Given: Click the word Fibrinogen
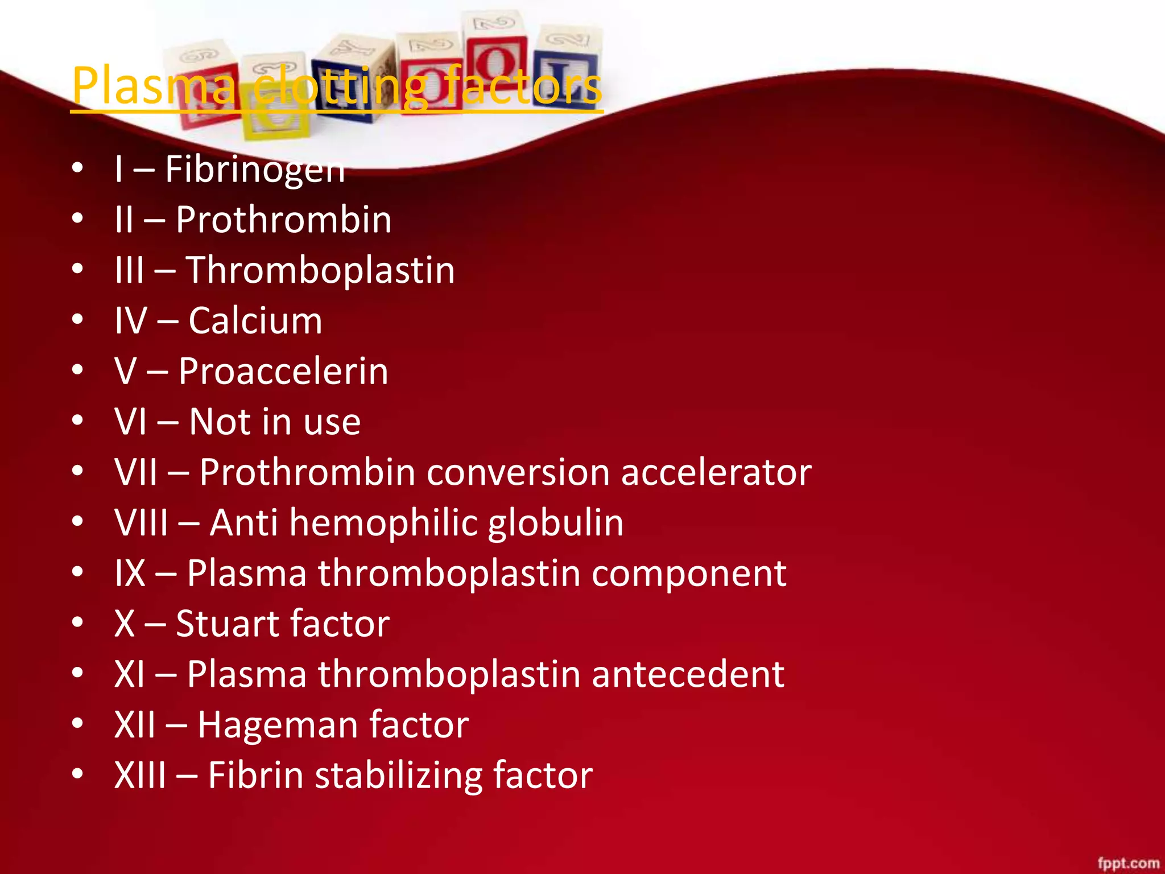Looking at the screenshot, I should pos(255,170).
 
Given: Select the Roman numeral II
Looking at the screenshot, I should pos(124,220).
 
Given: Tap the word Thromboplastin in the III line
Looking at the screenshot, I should pos(320,270).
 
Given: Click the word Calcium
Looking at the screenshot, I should pos(255,320).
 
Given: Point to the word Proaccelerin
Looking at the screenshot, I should pos(283,371).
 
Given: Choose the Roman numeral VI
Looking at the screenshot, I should pos(131,422).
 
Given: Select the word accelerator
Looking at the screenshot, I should pos(716,472).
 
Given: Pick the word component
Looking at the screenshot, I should pos(689,573).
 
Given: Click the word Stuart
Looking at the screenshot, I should pos(226,624).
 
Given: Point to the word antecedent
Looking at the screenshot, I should pos(688,674).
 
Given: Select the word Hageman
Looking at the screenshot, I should pos(278,725).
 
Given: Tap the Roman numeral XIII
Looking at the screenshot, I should pos(141,776).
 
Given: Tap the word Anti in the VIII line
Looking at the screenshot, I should pos(243,522).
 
